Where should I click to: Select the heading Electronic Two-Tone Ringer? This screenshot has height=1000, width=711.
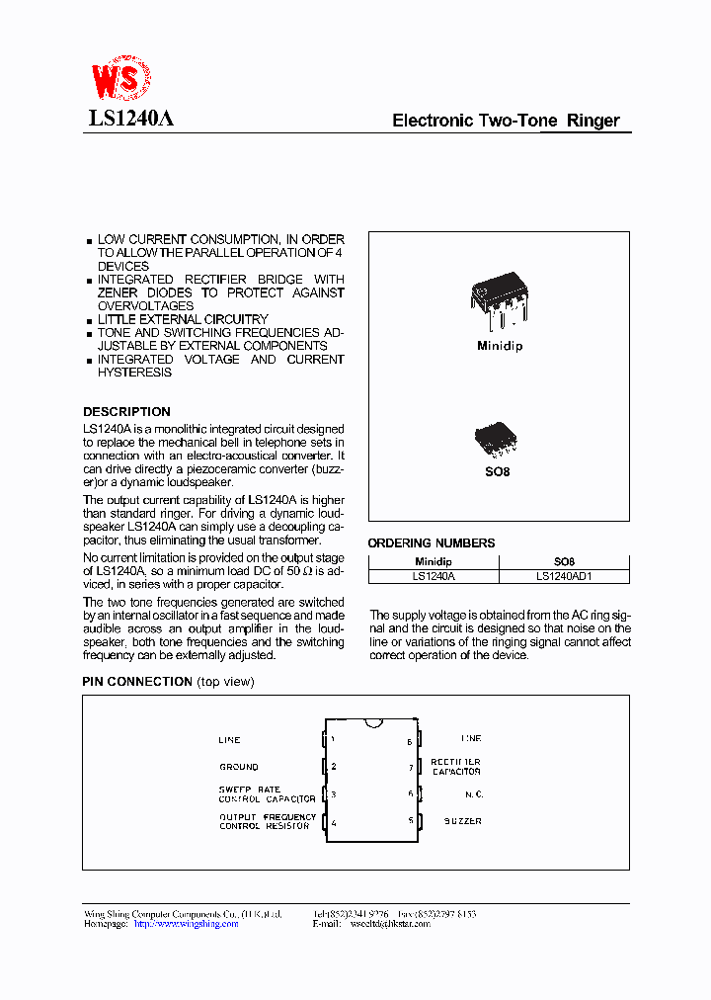(x=506, y=121)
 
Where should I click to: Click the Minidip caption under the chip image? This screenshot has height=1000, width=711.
(x=499, y=346)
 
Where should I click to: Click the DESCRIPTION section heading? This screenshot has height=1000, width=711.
(x=126, y=411)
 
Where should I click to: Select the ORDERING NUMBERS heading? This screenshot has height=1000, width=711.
(x=431, y=542)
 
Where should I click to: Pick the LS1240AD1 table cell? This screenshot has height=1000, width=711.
(x=564, y=575)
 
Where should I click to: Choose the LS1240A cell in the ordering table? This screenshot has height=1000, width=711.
(x=434, y=575)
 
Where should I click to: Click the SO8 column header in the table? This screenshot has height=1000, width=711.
(x=564, y=560)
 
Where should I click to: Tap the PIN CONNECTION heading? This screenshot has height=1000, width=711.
(x=137, y=682)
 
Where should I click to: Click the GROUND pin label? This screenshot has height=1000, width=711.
(x=239, y=767)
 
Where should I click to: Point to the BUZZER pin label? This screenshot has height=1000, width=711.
(x=462, y=821)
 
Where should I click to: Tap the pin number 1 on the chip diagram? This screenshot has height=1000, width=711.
(x=333, y=739)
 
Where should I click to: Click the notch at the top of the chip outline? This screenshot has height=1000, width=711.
(x=372, y=723)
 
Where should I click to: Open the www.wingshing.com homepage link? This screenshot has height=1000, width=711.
(x=186, y=924)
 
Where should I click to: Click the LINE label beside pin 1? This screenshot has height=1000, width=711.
(x=229, y=740)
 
